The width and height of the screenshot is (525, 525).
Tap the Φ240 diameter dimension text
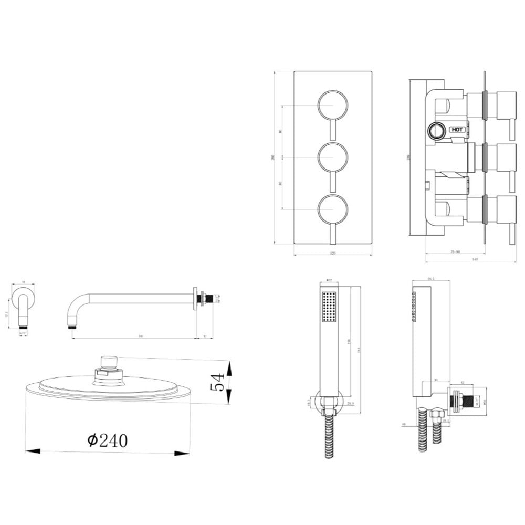tap(107, 440)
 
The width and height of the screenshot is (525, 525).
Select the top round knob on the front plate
tap(333, 106)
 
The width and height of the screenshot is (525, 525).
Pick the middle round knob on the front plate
tap(333, 157)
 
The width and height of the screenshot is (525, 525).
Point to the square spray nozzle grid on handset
tap(329, 306)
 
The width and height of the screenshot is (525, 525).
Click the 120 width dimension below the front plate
tap(332, 253)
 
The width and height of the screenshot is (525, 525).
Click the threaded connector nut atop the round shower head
tap(109, 362)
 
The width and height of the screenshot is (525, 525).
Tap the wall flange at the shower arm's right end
tap(195, 298)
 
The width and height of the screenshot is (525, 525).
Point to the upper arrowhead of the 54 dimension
tap(229, 364)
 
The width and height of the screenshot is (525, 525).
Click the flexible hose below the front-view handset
tap(329, 436)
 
